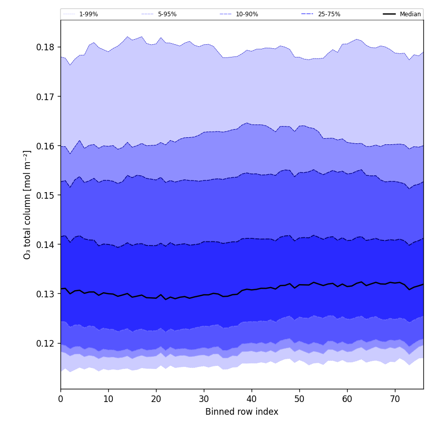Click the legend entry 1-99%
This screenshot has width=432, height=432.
coord(88,14)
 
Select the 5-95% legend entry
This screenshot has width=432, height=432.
coord(167,14)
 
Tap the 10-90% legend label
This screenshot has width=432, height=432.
coord(246,14)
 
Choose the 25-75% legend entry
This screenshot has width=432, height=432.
coord(329,14)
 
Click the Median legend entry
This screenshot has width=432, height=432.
coord(410,14)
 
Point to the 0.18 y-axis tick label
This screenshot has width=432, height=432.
coord(46,47)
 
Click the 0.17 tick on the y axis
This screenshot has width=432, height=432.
coord(46,97)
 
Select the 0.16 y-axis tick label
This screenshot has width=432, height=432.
coord(46,146)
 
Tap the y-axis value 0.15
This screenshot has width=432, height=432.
coord(46,195)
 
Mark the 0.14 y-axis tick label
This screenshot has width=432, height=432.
coord(46,244)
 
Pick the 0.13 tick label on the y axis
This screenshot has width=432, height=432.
coord(46,294)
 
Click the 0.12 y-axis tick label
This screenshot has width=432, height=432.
coord(46,343)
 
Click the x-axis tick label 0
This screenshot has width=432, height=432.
coord(60,399)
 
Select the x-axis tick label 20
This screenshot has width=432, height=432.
coord(156,399)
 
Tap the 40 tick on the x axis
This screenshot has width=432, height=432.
coord(252,399)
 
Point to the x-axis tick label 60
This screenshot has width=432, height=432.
coord(347,399)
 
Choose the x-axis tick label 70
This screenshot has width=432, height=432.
coord(395,399)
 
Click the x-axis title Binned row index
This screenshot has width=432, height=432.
coord(242,412)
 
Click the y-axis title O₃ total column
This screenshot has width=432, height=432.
coord(27,204)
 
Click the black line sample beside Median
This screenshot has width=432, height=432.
coord(389,14)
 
